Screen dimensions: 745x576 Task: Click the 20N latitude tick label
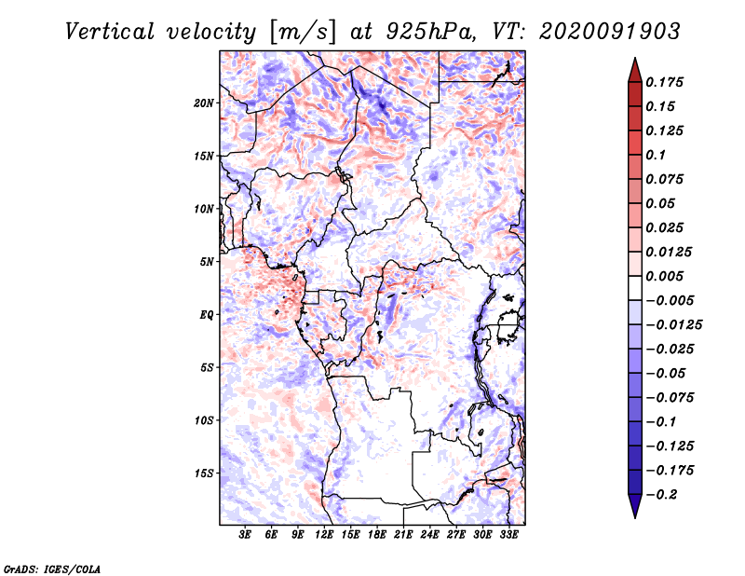(204, 103)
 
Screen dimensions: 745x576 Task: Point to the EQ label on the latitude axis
(207, 315)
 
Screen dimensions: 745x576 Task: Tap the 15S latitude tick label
(204, 473)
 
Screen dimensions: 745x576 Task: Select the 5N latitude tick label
(207, 262)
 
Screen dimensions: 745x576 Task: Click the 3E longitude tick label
(245, 535)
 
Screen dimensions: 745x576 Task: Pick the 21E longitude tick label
(403, 535)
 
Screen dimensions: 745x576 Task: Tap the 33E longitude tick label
(508, 535)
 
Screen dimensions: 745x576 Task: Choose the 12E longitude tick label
(323, 535)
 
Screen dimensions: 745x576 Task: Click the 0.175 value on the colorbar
(664, 82)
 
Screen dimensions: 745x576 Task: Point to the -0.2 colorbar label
(661, 495)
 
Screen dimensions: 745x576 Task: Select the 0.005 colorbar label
(664, 276)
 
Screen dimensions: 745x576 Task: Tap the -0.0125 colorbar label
(673, 325)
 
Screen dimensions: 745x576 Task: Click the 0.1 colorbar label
(656, 155)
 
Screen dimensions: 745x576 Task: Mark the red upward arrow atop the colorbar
(635, 70)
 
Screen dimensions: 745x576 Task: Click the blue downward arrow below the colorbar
(635, 506)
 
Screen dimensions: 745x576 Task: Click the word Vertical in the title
(109, 32)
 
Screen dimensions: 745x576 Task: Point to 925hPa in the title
(430, 32)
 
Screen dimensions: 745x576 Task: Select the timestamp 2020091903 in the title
(610, 32)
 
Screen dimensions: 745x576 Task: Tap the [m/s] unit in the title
(303, 32)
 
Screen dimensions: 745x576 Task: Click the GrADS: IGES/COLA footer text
(51, 569)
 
